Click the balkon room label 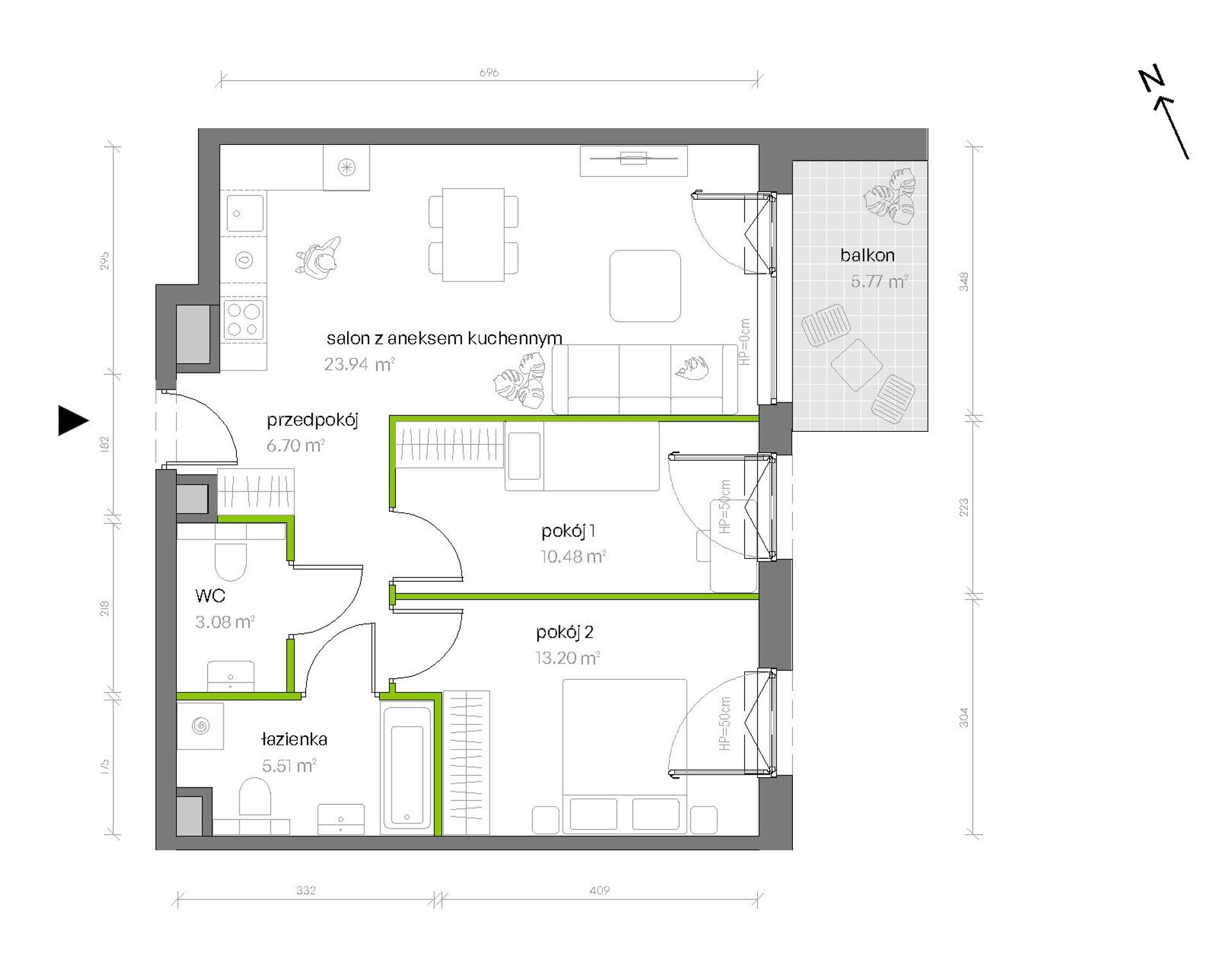pyautogui.click(x=867, y=255)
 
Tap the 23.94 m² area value pyautogui.click(x=359, y=364)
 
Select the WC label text pyautogui.click(x=210, y=595)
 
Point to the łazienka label pyautogui.click(x=294, y=739)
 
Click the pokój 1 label pyautogui.click(x=568, y=531)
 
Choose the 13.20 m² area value pyautogui.click(x=568, y=657)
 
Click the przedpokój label pyautogui.click(x=312, y=420)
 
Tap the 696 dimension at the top pyautogui.click(x=489, y=72)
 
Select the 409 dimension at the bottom pyautogui.click(x=600, y=890)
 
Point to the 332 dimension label pyautogui.click(x=306, y=890)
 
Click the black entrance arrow pyautogui.click(x=72, y=420)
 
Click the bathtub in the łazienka pyautogui.click(x=407, y=768)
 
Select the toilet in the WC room pyautogui.click(x=231, y=561)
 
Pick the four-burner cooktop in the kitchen pyautogui.click(x=243, y=320)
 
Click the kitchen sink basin pyautogui.click(x=244, y=213)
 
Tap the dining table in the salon pyautogui.click(x=473, y=235)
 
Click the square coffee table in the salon pyautogui.click(x=645, y=286)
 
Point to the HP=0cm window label pyautogui.click(x=744, y=342)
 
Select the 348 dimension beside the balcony pyautogui.click(x=963, y=282)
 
